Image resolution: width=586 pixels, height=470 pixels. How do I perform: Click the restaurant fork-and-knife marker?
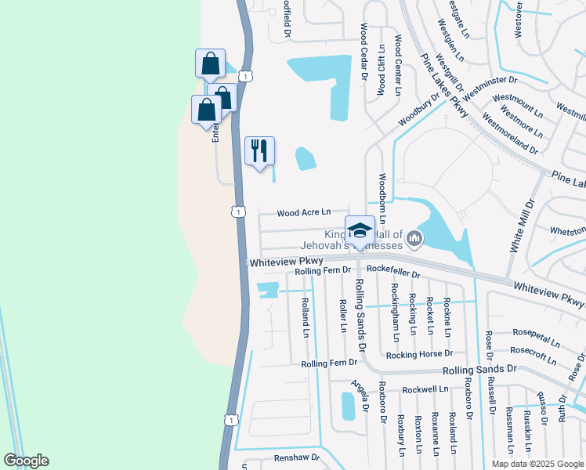(259, 150)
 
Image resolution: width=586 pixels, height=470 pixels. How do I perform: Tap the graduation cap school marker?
(360, 230)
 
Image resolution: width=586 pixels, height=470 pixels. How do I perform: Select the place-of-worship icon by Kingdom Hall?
(414, 237)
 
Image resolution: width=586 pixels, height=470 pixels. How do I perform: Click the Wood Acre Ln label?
(304, 212)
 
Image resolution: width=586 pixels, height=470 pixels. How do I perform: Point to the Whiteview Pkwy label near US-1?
(285, 262)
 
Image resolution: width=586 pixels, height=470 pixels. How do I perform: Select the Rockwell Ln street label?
(425, 389)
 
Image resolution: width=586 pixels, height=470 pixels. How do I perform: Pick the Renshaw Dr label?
(297, 457)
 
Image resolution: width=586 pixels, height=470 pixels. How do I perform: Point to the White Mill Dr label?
(519, 225)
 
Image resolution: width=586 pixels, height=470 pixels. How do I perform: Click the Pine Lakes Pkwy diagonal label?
(443, 85)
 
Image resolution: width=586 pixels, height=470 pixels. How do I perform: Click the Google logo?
(26, 461)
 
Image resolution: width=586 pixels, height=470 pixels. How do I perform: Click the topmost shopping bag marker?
(210, 63)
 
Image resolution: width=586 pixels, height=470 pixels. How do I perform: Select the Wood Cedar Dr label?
(364, 52)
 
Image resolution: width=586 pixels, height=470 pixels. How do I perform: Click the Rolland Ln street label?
(306, 317)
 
